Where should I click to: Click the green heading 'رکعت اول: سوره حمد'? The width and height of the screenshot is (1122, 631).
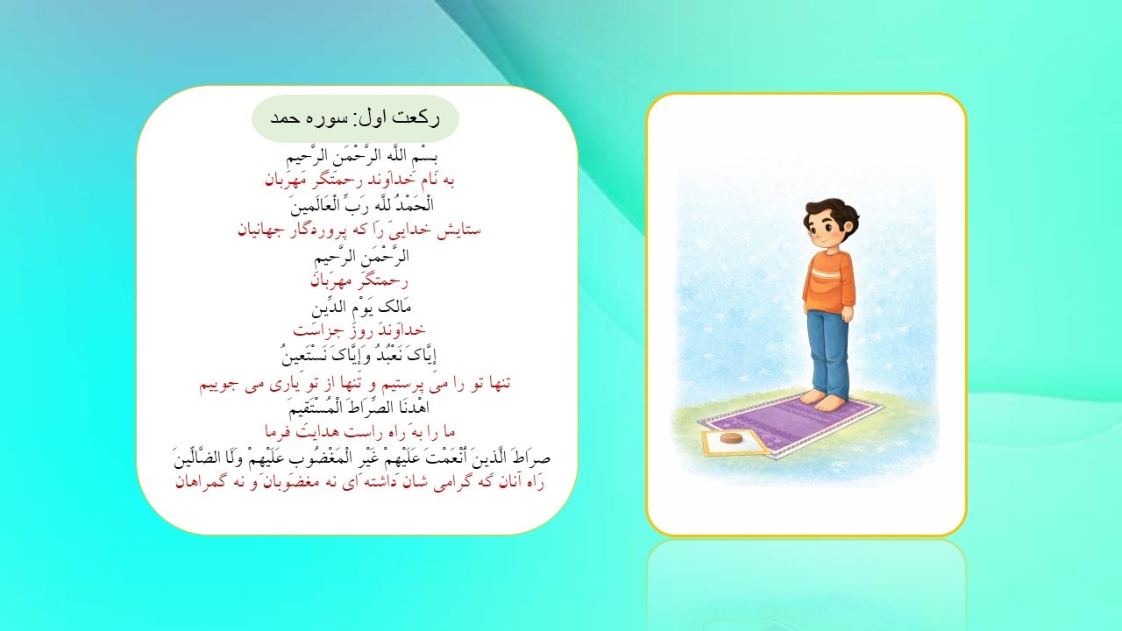[x=355, y=119]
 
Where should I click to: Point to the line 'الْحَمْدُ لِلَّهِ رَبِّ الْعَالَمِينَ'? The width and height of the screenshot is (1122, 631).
[x=358, y=207]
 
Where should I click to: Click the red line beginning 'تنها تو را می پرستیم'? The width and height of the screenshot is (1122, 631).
[x=358, y=383]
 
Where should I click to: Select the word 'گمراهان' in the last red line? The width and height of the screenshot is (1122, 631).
[x=203, y=482]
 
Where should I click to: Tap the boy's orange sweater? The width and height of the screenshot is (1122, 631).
[x=827, y=280]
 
